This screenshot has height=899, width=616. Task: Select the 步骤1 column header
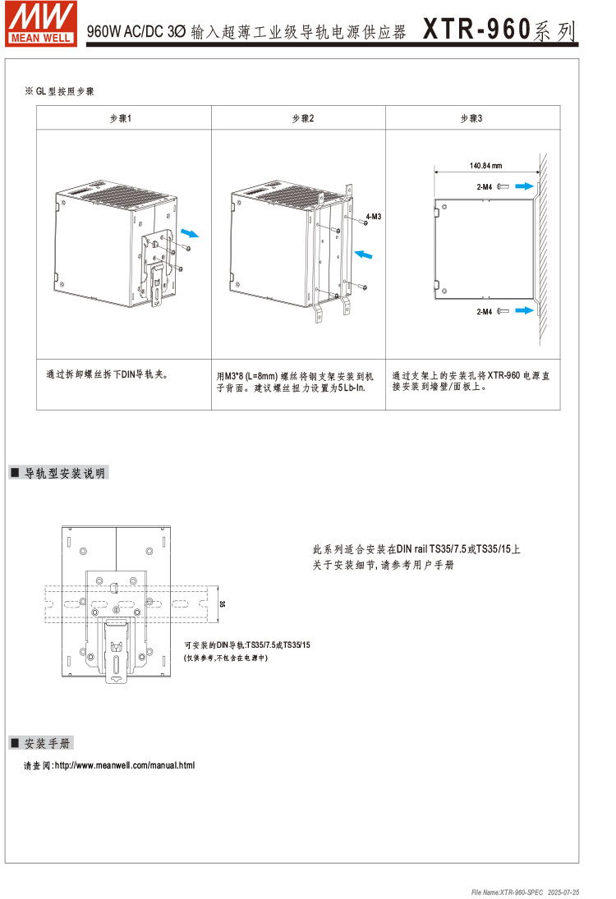[121, 119]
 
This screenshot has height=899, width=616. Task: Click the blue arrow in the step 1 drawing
[189, 233]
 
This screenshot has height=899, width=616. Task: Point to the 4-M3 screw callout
[375, 216]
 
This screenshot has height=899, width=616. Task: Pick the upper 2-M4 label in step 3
[484, 187]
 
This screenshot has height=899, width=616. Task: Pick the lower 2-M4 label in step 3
[484, 312]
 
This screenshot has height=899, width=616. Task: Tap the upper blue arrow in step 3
[524, 187]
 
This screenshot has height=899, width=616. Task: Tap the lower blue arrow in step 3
[524, 312]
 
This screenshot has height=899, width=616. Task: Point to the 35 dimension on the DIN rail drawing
[222, 604]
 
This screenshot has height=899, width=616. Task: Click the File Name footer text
[525, 892]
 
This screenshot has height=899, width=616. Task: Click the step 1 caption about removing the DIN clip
[107, 374]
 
